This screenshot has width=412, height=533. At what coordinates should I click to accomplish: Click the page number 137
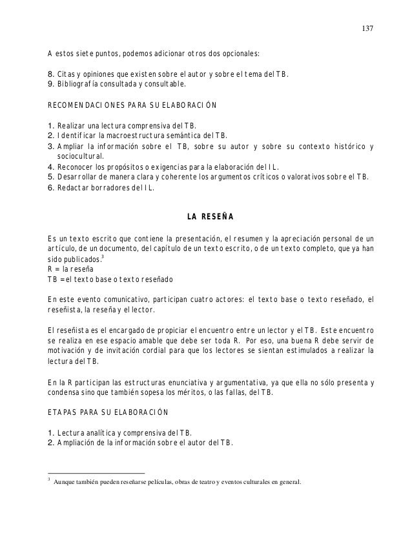tap(368, 29)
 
